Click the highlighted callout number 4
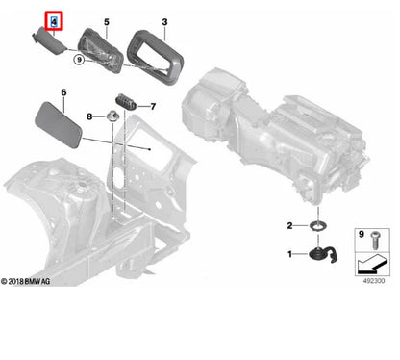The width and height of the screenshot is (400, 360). [54, 22]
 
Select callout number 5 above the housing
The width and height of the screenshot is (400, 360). [107, 22]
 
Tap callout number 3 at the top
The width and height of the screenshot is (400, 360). [164, 22]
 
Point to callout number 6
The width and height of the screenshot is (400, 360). [63, 92]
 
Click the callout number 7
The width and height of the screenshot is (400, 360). [153, 106]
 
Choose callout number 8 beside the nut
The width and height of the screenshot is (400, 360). [89, 116]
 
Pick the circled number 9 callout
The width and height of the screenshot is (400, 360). [79, 60]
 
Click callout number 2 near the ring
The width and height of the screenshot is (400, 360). [289, 226]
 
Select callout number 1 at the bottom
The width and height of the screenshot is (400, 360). [289, 254]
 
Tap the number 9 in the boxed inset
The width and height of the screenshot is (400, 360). [362, 234]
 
